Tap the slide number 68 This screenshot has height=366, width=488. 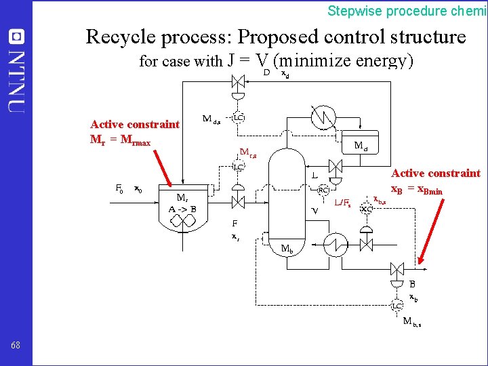[16, 346]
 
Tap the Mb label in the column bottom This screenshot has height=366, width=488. [287, 249]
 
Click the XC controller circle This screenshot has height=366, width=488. [367, 209]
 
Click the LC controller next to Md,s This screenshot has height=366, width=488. [239, 118]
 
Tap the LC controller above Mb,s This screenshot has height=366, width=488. [397, 306]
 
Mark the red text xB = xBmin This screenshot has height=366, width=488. [417, 190]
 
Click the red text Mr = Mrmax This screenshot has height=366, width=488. [120, 142]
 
